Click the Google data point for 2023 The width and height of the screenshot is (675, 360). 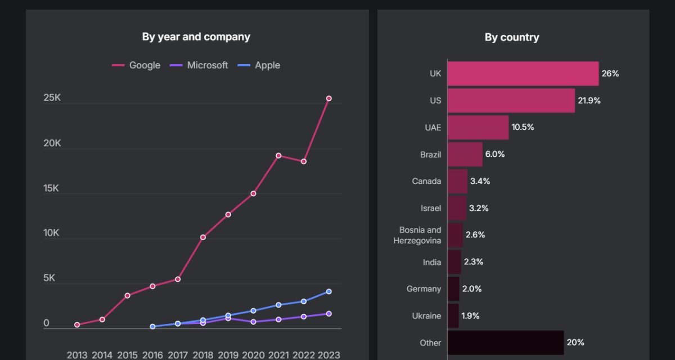click(x=329, y=98)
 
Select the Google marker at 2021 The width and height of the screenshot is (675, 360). click(x=278, y=155)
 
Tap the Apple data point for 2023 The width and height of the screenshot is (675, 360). click(x=329, y=291)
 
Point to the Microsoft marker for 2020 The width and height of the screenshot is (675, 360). click(x=253, y=322)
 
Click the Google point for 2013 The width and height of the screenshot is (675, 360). click(x=77, y=325)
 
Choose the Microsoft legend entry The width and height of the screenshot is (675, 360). click(x=199, y=65)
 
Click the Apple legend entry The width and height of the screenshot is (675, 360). click(x=259, y=65)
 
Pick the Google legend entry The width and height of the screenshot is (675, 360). click(x=137, y=65)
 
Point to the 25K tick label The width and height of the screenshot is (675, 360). click(x=52, y=98)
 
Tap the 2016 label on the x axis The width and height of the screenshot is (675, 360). click(x=152, y=355)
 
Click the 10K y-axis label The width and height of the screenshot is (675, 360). click(x=52, y=233)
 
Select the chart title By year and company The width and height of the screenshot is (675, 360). click(x=196, y=37)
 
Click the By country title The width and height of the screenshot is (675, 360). click(x=512, y=38)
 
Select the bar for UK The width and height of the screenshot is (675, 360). click(x=523, y=74)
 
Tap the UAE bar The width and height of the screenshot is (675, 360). click(x=478, y=128)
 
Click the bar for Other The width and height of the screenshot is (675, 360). click(x=506, y=343)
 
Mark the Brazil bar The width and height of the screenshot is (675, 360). click(x=465, y=155)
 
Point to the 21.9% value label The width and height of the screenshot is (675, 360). click(x=589, y=101)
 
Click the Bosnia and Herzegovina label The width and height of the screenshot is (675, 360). click(x=420, y=235)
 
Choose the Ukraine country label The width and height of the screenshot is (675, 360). click(x=426, y=316)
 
